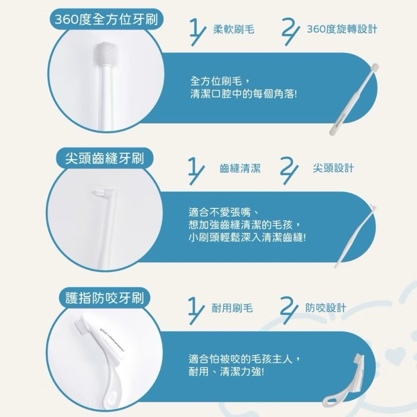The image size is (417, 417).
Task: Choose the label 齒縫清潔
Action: (240, 168)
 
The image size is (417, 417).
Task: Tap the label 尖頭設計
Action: (333, 168)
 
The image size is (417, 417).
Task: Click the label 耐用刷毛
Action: (233, 309)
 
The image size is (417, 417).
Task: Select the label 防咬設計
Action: (326, 309)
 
